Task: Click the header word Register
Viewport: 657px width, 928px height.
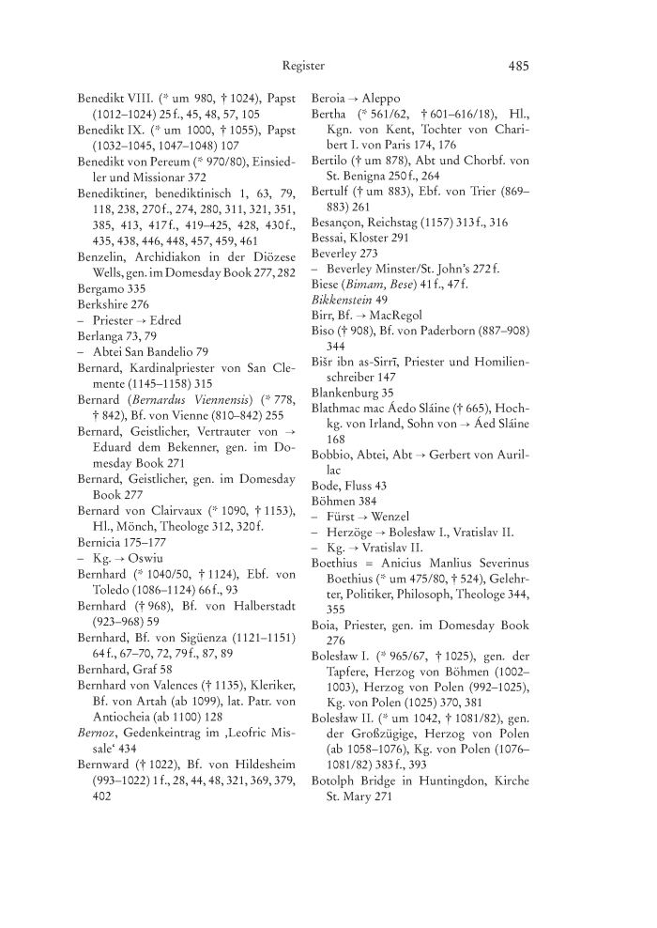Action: coord(303,66)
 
